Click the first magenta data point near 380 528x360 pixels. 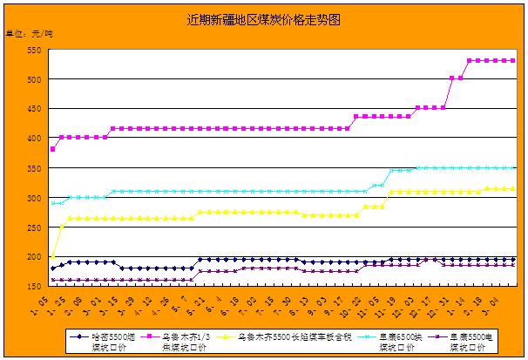(53, 150)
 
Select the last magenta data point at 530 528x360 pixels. (513, 61)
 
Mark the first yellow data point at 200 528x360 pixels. (53, 256)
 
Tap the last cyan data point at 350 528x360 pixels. (513, 167)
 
